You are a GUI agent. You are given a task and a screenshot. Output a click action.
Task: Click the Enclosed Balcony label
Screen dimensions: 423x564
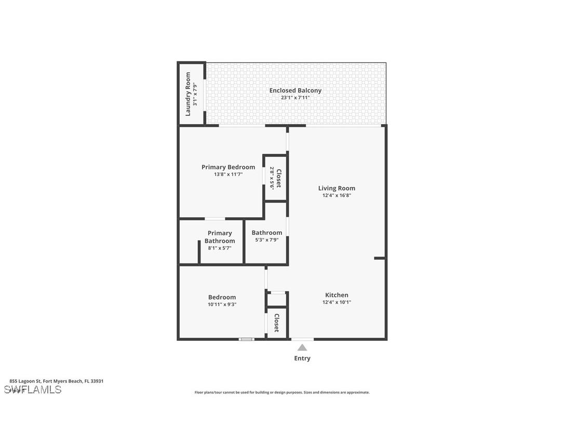[295, 90]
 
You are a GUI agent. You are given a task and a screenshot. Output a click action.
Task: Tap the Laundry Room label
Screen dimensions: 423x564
[188, 94]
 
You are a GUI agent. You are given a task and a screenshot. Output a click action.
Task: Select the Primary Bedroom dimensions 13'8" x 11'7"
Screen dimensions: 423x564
[228, 175]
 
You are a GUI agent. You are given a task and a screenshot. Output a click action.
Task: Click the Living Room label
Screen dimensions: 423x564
[337, 188]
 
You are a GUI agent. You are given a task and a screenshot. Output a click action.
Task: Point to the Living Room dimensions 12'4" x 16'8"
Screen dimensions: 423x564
[337, 196]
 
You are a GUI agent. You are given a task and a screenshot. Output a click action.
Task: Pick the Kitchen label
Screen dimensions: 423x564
[337, 295]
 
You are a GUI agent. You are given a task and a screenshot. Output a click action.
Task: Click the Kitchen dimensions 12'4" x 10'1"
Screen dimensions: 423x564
[337, 302]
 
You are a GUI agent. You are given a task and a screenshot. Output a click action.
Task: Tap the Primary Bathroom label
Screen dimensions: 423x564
[220, 237]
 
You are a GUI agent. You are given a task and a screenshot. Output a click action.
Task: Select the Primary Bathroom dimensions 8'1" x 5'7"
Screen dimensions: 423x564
[220, 248]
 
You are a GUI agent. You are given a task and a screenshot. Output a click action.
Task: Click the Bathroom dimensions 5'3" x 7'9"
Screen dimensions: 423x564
[267, 240]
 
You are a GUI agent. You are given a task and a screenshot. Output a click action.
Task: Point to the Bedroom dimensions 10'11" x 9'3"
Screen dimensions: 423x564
[222, 305]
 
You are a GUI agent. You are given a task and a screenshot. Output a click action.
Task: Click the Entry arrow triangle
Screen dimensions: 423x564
[302, 348]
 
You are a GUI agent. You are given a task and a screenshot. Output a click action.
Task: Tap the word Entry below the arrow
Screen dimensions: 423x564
[302, 358]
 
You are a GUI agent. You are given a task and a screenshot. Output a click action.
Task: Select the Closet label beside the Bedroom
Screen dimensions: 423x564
[277, 323]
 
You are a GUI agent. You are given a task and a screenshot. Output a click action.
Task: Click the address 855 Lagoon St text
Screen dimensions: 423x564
[56, 381]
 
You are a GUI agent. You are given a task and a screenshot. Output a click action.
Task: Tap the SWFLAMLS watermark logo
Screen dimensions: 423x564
[32, 390]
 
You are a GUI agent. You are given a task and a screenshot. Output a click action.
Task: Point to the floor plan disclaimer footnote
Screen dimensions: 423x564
[282, 392]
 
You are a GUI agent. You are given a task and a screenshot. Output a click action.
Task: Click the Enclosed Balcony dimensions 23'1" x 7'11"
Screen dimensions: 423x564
[295, 98]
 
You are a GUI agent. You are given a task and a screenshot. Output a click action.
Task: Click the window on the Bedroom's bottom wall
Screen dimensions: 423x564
[246, 339]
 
